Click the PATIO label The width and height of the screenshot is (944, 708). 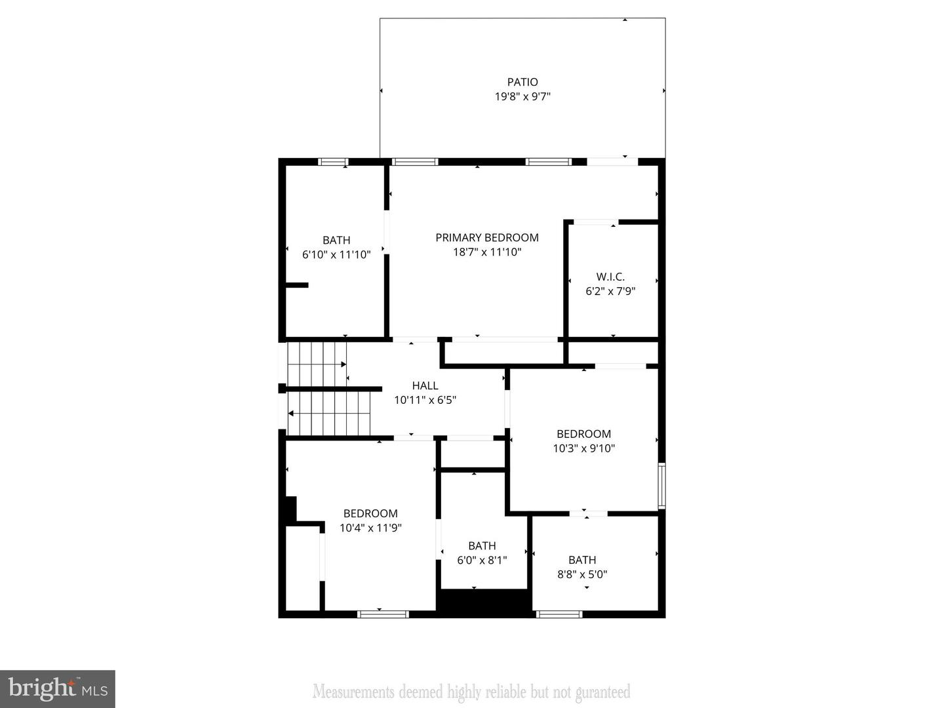(x=522, y=82)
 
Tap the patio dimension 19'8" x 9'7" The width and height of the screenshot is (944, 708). (x=522, y=97)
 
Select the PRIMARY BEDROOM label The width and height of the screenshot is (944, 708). (x=487, y=237)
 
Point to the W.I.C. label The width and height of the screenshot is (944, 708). (x=610, y=277)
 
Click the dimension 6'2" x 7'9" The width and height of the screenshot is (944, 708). (x=610, y=291)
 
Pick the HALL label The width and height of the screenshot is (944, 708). (x=425, y=385)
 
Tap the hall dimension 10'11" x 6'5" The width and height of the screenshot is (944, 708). (x=425, y=400)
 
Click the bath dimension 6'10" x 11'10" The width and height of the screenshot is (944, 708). (x=336, y=254)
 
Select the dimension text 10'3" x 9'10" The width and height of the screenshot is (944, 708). (x=583, y=448)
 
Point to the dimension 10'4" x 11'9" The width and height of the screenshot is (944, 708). (x=370, y=528)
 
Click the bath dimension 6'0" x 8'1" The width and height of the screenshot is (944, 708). (x=482, y=560)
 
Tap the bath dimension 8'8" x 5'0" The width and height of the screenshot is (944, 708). (x=582, y=574)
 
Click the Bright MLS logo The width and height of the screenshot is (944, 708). (x=58, y=689)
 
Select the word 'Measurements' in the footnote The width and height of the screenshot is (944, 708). (x=353, y=692)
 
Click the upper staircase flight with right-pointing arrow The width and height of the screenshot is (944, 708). (x=317, y=364)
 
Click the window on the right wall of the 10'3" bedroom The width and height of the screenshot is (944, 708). (x=662, y=486)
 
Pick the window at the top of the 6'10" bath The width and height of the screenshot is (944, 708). (x=333, y=162)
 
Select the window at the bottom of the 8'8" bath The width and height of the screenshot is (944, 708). (x=559, y=614)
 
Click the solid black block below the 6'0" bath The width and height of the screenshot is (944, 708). (x=484, y=602)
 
